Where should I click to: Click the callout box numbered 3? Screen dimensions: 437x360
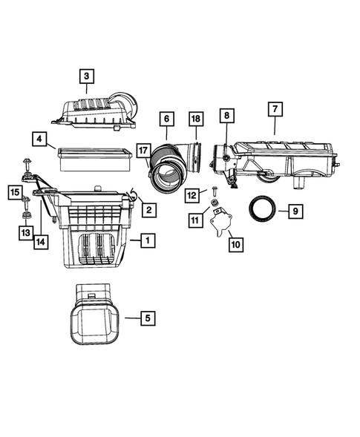point(86,76)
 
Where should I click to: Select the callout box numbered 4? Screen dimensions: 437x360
point(39,138)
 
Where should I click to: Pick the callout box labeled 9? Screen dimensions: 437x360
point(295,211)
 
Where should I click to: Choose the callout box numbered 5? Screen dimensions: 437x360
point(147,318)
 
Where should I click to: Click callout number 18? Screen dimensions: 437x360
point(195,119)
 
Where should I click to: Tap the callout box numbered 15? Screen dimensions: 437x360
point(16,194)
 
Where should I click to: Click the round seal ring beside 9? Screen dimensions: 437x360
point(263,208)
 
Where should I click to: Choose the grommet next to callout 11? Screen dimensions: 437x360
point(215,203)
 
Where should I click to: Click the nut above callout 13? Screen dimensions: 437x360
point(25,216)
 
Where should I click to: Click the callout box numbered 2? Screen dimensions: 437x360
point(149,211)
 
